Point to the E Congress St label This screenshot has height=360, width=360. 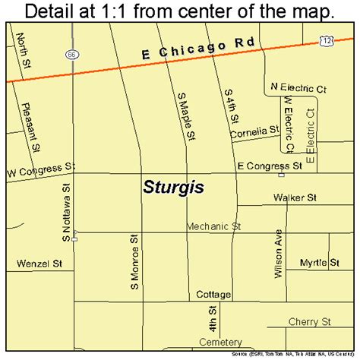coord(270,164)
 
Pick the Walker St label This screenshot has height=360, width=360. coord(295,197)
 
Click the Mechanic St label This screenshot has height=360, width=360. coord(214,226)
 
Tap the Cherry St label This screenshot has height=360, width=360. coord(308,321)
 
